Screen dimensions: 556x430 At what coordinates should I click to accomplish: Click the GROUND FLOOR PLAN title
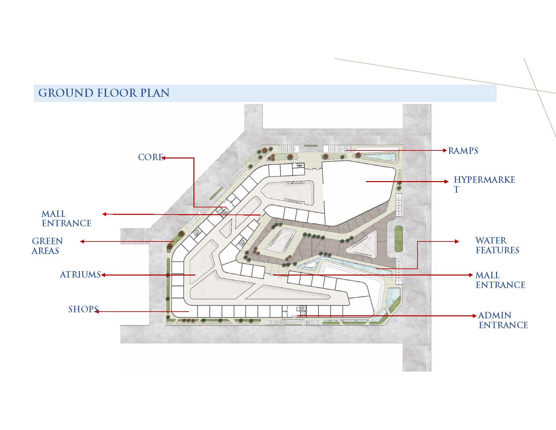pyautogui.click(x=104, y=93)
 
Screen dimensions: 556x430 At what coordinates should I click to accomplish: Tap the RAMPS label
pyautogui.click(x=463, y=151)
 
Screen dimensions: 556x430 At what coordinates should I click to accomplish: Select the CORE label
pyautogui.click(x=150, y=157)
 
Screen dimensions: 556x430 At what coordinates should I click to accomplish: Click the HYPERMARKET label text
pyautogui.click(x=484, y=184)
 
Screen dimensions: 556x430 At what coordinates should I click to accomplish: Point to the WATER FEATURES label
pyautogui.click(x=497, y=245)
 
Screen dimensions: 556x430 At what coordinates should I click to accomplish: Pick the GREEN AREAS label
pyautogui.click(x=47, y=246)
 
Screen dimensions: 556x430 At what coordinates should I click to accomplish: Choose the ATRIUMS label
pyautogui.click(x=80, y=275)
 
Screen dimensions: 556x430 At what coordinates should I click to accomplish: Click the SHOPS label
pyautogui.click(x=83, y=309)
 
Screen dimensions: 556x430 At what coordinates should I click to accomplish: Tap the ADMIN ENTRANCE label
pyautogui.click(x=503, y=320)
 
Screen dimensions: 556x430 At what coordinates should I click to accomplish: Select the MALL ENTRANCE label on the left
pyautogui.click(x=66, y=219)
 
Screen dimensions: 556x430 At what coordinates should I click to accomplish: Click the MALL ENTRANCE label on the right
pyautogui.click(x=500, y=280)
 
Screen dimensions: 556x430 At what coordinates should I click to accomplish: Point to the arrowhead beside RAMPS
pyautogui.click(x=445, y=151)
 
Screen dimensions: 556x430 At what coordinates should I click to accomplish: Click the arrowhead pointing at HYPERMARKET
pyautogui.click(x=446, y=181)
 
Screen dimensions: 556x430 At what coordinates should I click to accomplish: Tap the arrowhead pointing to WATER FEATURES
pyautogui.click(x=457, y=241)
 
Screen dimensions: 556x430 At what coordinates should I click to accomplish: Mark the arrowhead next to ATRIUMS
pyautogui.click(x=103, y=275)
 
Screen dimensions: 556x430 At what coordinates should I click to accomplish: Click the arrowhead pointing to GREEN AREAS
pyautogui.click(x=82, y=241)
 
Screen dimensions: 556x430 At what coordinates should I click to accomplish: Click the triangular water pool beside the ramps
pyautogui.click(x=380, y=156)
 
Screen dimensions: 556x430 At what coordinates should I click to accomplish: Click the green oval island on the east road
pyautogui.click(x=399, y=239)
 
